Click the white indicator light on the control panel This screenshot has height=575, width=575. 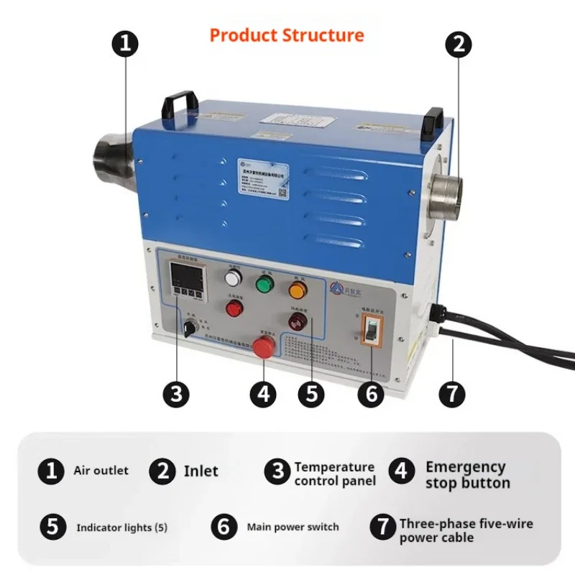[x=232, y=279]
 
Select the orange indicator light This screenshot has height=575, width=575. [x=298, y=290]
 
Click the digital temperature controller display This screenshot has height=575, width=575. [x=183, y=277]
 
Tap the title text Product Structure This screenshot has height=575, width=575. [x=287, y=34]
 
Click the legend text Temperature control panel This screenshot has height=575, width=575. [x=334, y=474]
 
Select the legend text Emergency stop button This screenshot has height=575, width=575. [x=467, y=475]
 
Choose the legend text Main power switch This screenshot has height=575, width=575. [x=293, y=527]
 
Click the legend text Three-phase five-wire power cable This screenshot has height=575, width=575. [x=466, y=530]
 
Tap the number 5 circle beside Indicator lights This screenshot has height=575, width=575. [x=52, y=527]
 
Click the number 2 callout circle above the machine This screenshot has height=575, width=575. [x=459, y=44]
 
